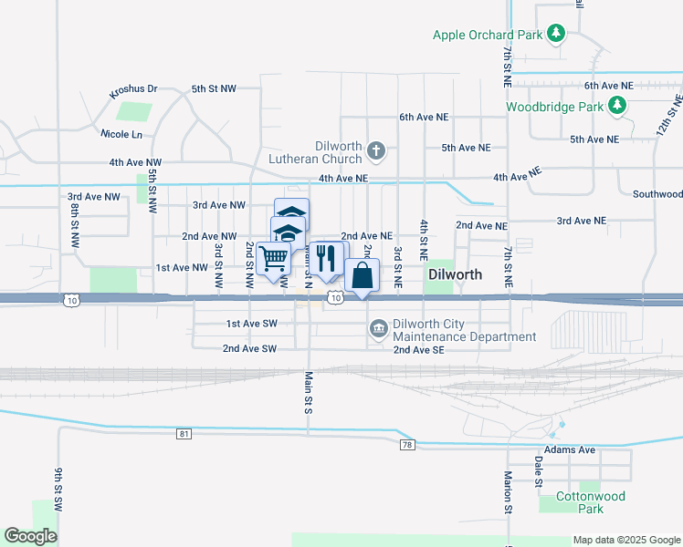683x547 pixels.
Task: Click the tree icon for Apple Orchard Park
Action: (x=555, y=36)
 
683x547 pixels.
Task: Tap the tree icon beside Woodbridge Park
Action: (x=618, y=106)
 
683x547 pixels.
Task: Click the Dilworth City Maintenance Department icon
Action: (x=378, y=327)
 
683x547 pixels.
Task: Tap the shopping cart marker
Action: (x=273, y=258)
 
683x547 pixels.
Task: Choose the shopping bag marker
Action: (x=362, y=275)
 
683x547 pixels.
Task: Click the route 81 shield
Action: (x=185, y=434)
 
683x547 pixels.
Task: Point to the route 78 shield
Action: (x=407, y=444)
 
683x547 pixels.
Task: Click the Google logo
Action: (x=31, y=536)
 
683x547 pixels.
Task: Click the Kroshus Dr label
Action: (x=133, y=91)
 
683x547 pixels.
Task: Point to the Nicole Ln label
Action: (x=124, y=134)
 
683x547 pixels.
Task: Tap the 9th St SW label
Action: (x=58, y=489)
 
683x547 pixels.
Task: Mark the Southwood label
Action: (x=657, y=194)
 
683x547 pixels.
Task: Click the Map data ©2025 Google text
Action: (x=625, y=540)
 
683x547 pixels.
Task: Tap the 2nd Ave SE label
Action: (x=418, y=349)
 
